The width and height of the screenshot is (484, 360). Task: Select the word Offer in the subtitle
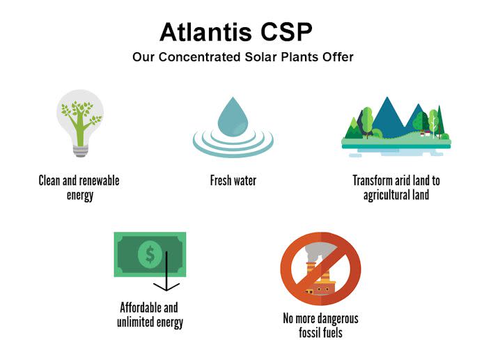point(337,57)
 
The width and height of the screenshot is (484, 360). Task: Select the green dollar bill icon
point(150,254)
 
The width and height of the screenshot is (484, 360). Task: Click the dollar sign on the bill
point(150,254)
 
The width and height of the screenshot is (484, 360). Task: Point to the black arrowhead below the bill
point(167,286)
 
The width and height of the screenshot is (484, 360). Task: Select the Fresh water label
point(233,181)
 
